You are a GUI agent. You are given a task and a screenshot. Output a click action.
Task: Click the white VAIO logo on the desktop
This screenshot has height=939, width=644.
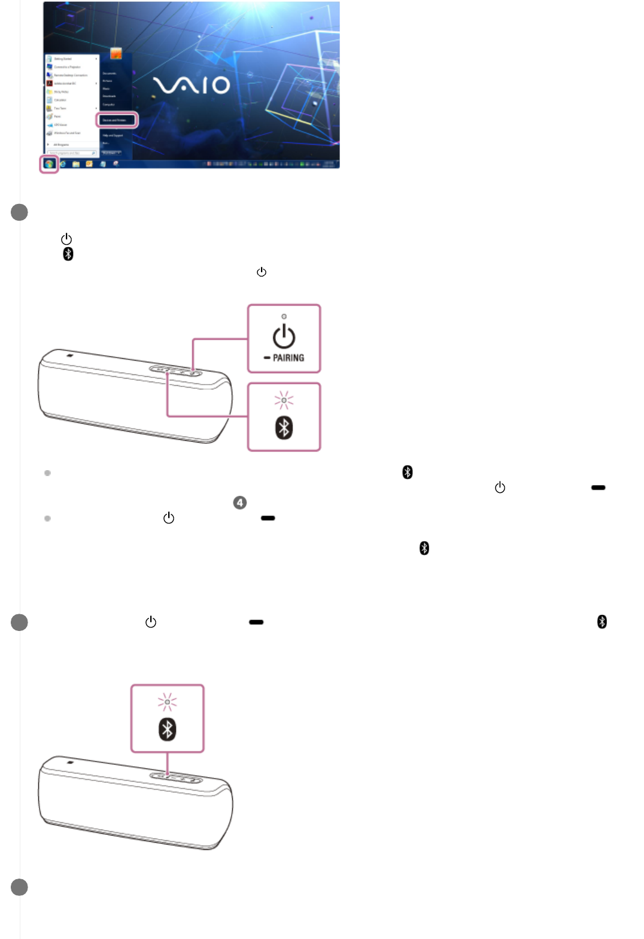[192, 86]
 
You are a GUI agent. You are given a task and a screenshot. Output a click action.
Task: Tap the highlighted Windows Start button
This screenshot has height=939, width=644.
[49, 163]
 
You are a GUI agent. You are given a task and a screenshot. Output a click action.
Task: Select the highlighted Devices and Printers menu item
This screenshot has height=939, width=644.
[117, 120]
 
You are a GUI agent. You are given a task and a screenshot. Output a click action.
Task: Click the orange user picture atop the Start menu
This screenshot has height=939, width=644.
[116, 54]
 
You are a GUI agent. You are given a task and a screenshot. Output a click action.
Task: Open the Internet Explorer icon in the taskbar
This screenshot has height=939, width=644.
[63, 164]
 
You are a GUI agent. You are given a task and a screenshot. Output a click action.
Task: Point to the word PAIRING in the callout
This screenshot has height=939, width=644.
[288, 358]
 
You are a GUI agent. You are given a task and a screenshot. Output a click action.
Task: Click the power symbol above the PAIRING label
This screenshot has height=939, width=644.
[284, 337]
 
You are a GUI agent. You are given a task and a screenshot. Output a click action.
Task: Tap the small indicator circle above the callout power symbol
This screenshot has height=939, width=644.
[284, 316]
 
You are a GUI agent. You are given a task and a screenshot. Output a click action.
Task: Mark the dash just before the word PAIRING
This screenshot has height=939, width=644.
[267, 358]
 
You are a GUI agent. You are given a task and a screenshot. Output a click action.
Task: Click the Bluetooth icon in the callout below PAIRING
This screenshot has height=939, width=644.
[284, 428]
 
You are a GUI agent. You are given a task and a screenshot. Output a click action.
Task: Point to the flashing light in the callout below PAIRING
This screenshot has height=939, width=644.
[284, 400]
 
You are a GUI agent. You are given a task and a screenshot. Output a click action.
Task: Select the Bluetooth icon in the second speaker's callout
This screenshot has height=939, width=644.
[167, 730]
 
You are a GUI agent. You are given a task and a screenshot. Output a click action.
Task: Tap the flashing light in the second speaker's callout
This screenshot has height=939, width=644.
[167, 702]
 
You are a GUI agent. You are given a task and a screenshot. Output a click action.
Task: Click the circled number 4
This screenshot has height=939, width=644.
[239, 502]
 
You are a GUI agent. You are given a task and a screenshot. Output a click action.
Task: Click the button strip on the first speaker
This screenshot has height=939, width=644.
[177, 371]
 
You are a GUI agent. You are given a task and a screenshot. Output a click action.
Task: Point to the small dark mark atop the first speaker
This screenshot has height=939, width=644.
[70, 356]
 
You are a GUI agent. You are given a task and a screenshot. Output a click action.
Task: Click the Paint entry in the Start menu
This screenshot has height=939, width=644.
[57, 117]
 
